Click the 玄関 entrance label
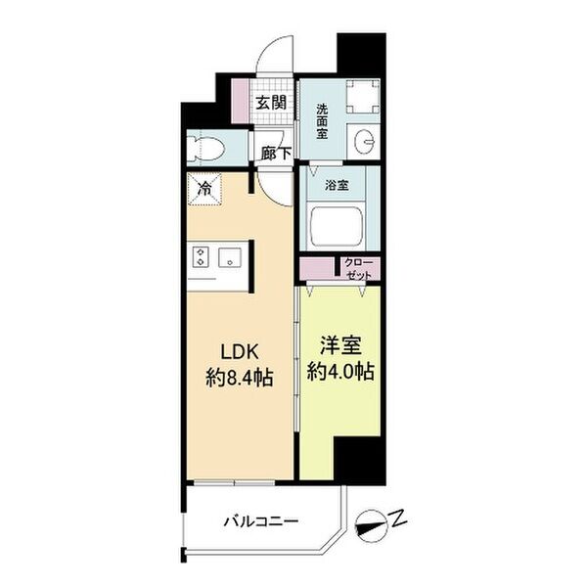271,103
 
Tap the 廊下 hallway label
276,154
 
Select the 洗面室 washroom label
322,121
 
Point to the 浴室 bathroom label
337,185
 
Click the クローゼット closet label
359,269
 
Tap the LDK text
240,352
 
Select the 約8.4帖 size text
240,378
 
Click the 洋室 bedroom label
340,346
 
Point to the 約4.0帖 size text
340,372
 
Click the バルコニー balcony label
261,521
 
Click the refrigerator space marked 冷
204,189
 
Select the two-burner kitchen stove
201,256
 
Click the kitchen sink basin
230,257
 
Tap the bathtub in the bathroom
337,227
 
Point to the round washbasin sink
364,142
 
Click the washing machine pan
362,97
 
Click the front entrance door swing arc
275,53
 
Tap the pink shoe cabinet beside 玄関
240,101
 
